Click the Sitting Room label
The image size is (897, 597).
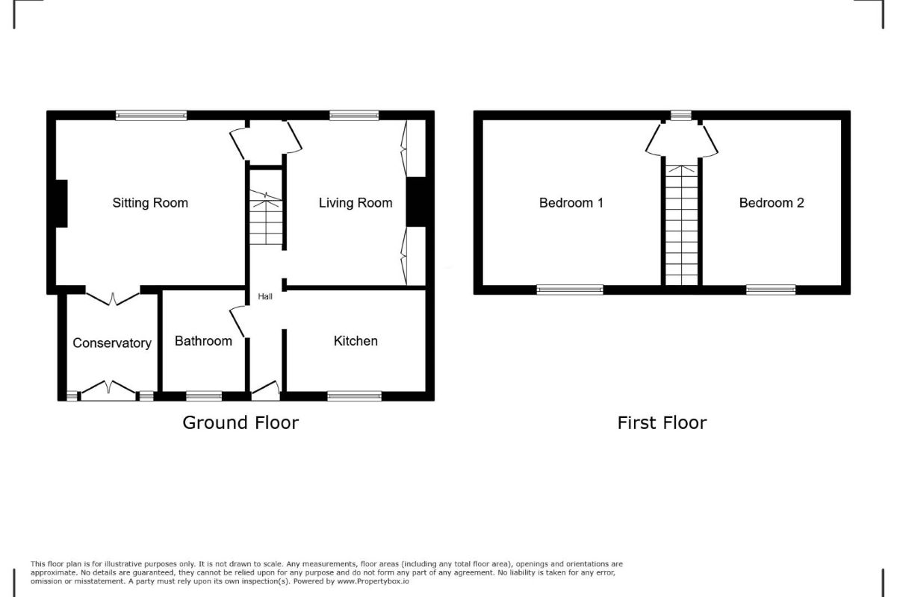[x=150, y=203]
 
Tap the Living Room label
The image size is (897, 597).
[x=356, y=203]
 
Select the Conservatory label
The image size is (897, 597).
[x=112, y=343]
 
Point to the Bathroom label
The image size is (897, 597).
[x=203, y=341]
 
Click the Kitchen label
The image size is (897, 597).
[x=356, y=341]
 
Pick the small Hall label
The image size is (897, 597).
[x=265, y=297]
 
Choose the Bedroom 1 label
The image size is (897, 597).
[x=571, y=203]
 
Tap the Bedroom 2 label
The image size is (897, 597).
[x=772, y=203]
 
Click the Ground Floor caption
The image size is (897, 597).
[x=240, y=423]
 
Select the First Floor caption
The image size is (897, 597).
[x=662, y=423]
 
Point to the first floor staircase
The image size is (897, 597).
[x=680, y=224]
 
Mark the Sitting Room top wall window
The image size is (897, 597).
[x=151, y=115]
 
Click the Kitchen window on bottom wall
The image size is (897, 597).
[x=354, y=396]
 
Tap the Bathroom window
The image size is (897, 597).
[x=204, y=396]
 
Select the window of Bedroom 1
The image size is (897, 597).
[x=570, y=290]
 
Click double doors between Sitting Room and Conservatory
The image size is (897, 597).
[x=114, y=298]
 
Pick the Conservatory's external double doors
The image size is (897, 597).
[x=109, y=389]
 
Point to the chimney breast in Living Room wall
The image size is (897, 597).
[x=415, y=201]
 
